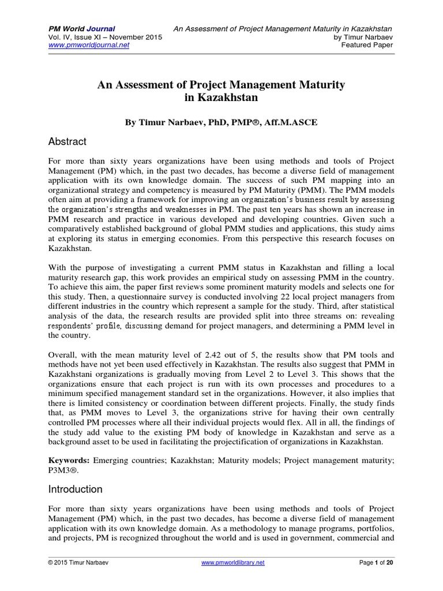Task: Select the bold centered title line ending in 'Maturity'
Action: click(x=221, y=85)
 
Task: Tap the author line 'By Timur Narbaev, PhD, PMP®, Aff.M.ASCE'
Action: click(x=221, y=122)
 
